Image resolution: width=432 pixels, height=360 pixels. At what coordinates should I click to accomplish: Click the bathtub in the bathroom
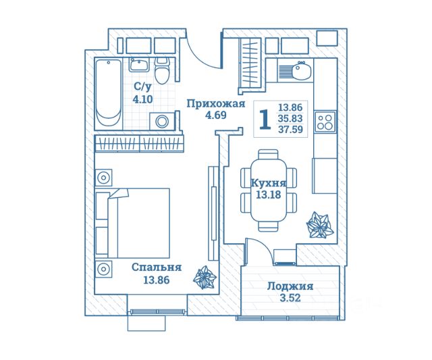click(x=108, y=93)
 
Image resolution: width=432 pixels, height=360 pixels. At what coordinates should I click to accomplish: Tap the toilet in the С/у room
click(x=161, y=70)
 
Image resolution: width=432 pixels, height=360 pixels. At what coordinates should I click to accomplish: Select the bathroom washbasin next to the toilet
click(x=139, y=65)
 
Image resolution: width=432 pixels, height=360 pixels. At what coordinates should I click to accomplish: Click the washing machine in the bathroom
click(x=162, y=122)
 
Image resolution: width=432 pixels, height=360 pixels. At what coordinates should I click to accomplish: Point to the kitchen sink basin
click(x=302, y=70)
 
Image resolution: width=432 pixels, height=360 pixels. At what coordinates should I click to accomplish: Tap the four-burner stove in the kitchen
click(x=325, y=122)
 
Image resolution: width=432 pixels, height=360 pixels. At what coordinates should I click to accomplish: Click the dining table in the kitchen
click(x=269, y=190)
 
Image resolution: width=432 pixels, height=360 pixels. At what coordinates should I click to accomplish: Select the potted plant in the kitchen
click(x=319, y=225)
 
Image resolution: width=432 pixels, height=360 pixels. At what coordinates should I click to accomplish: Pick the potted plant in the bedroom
click(x=205, y=278)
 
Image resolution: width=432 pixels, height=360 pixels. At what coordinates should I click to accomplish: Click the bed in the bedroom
click(x=132, y=224)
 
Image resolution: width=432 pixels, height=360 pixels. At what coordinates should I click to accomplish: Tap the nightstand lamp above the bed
click(x=103, y=178)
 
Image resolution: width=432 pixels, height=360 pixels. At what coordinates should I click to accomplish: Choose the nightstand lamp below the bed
click(x=103, y=269)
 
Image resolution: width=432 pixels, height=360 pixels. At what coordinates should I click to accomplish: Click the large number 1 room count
click(x=265, y=119)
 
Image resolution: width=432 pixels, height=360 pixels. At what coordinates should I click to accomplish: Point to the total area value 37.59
click(x=290, y=129)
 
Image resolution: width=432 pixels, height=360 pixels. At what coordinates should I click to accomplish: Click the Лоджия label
click(x=290, y=286)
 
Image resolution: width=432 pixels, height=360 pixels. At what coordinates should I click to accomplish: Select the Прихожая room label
click(x=216, y=104)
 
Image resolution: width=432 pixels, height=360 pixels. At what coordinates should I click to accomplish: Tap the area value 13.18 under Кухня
click(x=269, y=195)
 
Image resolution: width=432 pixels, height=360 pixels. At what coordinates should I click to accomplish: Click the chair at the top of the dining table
click(x=269, y=154)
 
